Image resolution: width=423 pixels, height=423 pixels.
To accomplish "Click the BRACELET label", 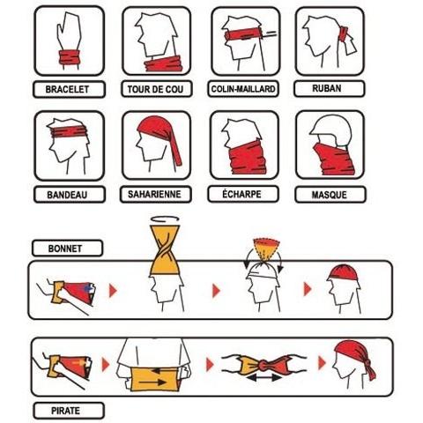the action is (67, 89).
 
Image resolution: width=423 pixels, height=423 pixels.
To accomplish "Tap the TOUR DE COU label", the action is (155, 89).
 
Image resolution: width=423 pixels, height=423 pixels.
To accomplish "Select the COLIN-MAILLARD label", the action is (243, 89).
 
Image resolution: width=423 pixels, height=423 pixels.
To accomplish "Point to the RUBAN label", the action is (327, 88).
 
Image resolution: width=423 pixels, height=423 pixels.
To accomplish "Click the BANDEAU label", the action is (67, 195).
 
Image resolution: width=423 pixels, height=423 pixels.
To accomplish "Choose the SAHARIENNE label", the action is (154, 194).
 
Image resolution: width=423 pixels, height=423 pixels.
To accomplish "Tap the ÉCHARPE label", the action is (241, 194).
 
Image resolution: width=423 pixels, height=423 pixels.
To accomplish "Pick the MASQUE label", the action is (329, 195).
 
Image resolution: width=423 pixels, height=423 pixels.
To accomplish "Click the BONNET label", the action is (65, 249).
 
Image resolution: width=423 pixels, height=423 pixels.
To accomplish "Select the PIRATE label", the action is (65, 411).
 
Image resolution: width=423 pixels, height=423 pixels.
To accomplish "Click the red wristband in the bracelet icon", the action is (70, 57).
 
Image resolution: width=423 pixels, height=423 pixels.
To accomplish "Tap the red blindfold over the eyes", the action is (244, 35).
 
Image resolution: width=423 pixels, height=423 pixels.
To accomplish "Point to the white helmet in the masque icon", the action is (331, 128).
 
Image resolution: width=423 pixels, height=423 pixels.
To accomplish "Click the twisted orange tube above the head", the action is (165, 250).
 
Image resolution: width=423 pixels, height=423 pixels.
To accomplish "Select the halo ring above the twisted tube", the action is (165, 219).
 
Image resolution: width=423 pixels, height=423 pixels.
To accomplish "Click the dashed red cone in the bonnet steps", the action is (266, 249).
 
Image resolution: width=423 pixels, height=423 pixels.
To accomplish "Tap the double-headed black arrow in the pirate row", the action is (264, 377).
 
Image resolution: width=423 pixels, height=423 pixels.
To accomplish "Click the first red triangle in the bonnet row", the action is (113, 291).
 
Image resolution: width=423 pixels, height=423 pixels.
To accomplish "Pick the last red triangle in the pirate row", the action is (322, 363).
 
